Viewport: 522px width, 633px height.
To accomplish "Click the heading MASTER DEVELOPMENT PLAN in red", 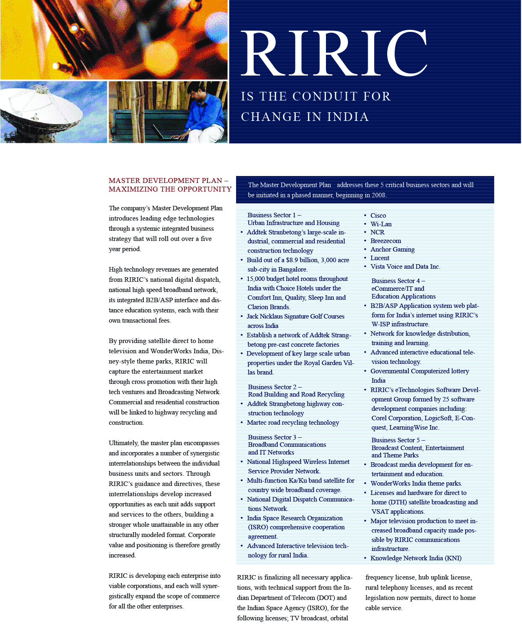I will (x=165, y=181).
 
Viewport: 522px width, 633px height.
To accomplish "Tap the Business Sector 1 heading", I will (x=274, y=215).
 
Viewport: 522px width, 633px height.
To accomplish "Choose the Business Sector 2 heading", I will (x=274, y=387).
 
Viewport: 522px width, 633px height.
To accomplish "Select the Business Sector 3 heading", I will (x=274, y=437).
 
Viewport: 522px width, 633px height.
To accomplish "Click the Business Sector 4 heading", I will (x=398, y=281).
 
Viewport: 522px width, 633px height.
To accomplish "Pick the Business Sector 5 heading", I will (x=398, y=440).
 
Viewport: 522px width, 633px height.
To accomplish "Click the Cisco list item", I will (x=378, y=216).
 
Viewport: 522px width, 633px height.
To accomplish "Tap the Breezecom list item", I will (x=386, y=241).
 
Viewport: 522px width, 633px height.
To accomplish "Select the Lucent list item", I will (x=379, y=258).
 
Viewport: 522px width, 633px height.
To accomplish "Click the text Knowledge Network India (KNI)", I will (x=416, y=558).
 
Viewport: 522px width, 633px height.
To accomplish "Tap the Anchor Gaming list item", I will (x=392, y=250).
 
